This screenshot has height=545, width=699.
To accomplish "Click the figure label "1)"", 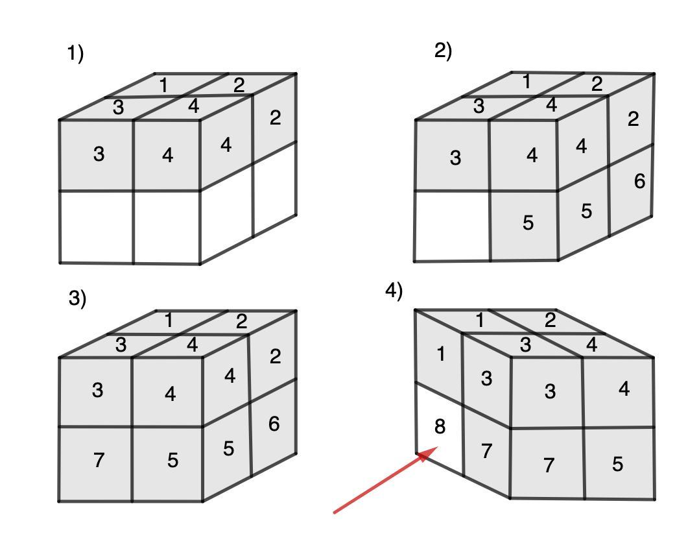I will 75,54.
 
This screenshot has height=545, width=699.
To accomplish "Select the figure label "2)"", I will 443,51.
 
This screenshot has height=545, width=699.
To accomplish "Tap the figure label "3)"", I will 77,298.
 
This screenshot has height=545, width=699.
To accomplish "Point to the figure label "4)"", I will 394,291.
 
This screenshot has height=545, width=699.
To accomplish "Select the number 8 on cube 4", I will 440,427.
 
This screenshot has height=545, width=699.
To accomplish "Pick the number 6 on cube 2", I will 639,182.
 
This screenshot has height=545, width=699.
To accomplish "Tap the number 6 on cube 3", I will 274,424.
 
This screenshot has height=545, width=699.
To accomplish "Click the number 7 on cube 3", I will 99,461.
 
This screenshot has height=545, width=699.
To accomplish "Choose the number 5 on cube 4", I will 618,464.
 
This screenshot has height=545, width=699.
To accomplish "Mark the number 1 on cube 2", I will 527,82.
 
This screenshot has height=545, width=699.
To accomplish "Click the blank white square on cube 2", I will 452,226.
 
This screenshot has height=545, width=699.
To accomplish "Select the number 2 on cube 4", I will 550,320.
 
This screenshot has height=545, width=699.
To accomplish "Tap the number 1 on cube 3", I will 169,321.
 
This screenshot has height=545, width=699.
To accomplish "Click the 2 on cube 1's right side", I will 276,118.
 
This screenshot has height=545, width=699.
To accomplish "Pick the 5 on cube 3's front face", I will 172,461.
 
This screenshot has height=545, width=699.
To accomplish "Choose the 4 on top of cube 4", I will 591,345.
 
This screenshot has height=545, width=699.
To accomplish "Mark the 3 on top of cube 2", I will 479,106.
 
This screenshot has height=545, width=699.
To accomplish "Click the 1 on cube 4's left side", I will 440,355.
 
